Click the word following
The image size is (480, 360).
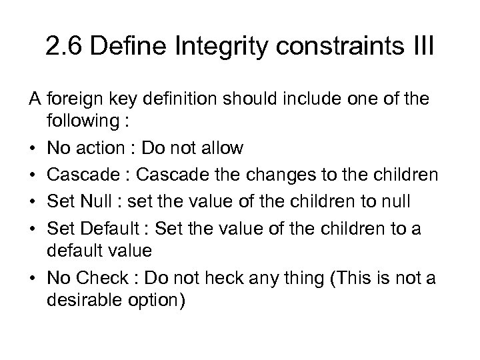pyautogui.click(x=78, y=123)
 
